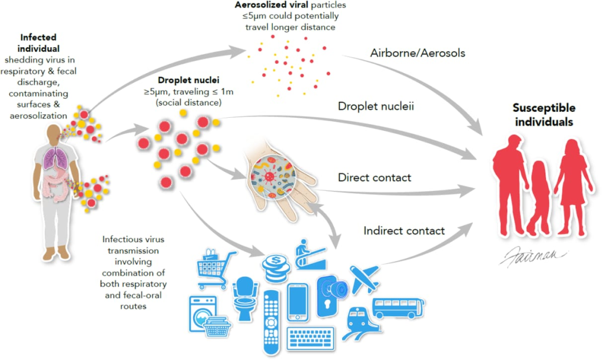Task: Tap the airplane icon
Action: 365,279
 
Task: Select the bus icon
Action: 397,308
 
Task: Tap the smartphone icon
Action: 298,302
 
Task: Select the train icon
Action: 357,321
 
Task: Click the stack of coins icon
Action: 276,270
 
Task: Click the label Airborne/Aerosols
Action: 418,53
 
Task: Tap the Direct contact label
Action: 374,177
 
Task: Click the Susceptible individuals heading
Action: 544,115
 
